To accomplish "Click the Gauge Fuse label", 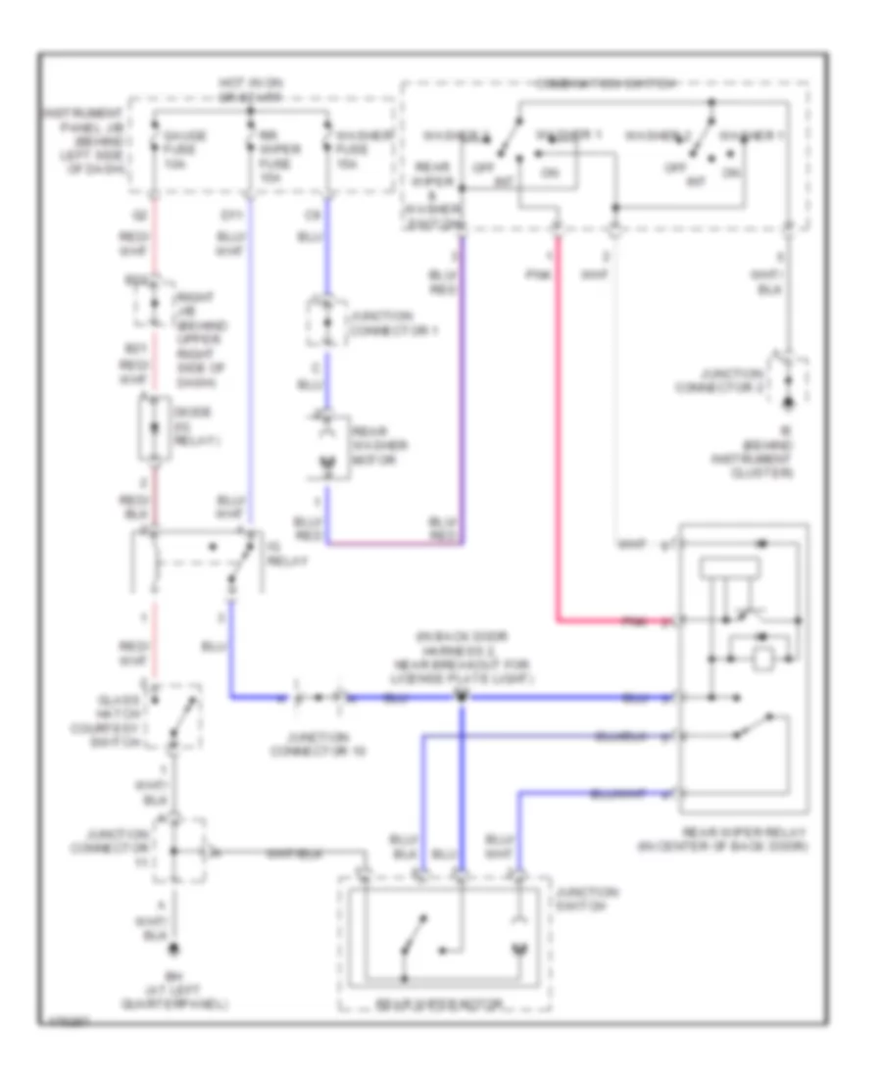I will pyautogui.click(x=191, y=141).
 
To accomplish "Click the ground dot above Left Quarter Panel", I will pyautogui.click(x=176, y=948).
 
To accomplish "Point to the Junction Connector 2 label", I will pyautogui.click(x=758, y=380).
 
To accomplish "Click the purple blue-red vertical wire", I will pyautogui.click(x=463, y=392).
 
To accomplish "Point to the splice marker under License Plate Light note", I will pyautogui.click(x=462, y=697).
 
